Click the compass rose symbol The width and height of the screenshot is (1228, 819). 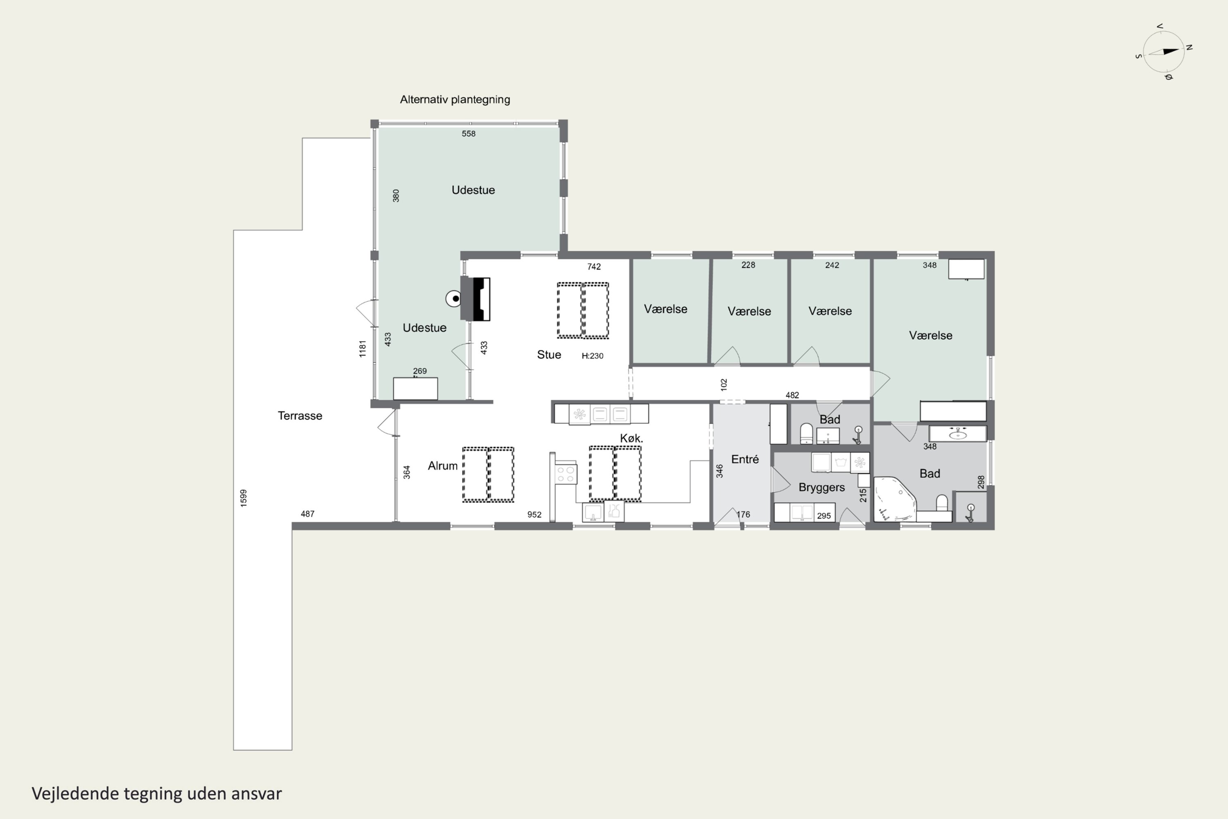[x=1164, y=52]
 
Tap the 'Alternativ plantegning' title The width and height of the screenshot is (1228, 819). [x=455, y=99]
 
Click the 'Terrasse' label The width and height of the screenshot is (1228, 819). [x=300, y=416]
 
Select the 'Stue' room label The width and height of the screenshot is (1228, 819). [x=549, y=355]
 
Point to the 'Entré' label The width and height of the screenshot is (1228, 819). [x=745, y=459]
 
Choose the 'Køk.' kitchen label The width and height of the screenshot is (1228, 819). [x=631, y=438]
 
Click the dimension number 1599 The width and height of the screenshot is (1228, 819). [x=243, y=498]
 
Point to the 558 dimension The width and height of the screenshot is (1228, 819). [x=468, y=134]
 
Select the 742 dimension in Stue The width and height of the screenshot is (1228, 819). [x=594, y=267]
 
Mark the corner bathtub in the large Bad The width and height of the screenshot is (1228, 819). [x=894, y=499]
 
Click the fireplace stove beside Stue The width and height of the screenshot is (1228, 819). [x=475, y=299]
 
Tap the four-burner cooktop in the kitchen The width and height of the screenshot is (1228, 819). [x=565, y=474]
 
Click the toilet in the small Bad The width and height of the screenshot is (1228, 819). [x=806, y=433]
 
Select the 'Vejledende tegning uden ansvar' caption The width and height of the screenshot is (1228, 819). [x=157, y=794]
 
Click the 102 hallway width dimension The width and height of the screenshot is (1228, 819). [x=724, y=385]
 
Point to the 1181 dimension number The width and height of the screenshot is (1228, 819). [x=362, y=349]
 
